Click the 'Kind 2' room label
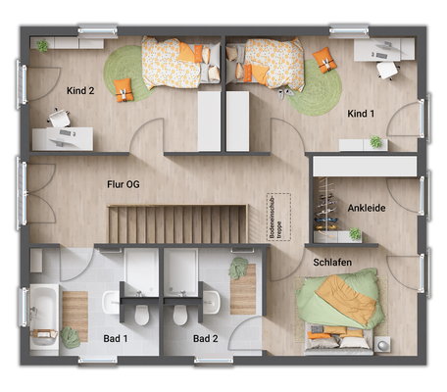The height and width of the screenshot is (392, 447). (80, 91)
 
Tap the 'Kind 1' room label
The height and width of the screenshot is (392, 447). (361, 115)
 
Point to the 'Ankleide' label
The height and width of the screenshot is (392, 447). (366, 208)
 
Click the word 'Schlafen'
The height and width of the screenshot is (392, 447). (332, 263)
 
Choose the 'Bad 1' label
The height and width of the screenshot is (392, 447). (116, 338)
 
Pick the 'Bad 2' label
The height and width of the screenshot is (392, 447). (205, 338)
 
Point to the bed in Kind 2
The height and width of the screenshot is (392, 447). (176, 64)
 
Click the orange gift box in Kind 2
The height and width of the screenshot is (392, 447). (122, 92)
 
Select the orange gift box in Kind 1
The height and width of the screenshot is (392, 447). (324, 60)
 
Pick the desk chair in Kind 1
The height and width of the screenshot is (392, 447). (385, 68)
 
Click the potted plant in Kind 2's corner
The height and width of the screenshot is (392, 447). (42, 45)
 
